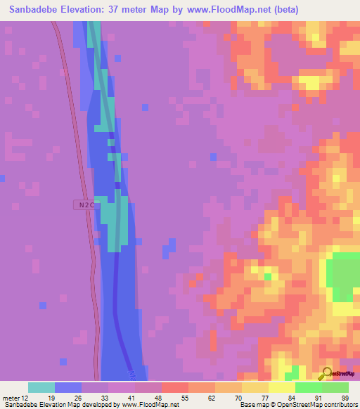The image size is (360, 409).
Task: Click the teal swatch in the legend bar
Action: (x=41, y=387)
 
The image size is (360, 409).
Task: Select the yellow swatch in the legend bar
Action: (x=281, y=387)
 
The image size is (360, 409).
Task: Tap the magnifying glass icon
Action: (x=326, y=374)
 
